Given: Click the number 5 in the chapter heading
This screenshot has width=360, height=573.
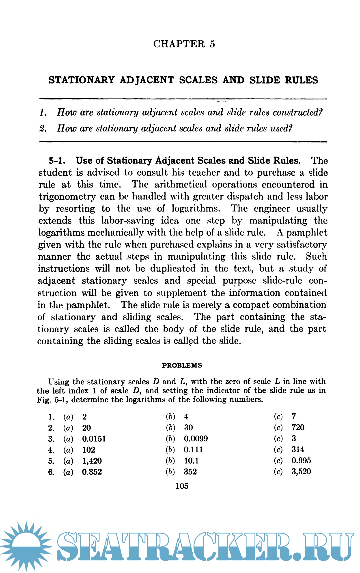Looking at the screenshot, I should click(x=212, y=44).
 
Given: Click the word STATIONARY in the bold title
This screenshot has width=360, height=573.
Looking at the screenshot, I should click(x=81, y=80).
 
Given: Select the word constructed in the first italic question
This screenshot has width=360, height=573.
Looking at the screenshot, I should click(x=297, y=112).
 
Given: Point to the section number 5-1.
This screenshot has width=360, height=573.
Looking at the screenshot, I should click(x=57, y=161).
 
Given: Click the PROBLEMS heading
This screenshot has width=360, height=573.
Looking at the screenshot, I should click(x=182, y=365).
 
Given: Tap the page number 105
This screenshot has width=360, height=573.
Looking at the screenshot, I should click(x=182, y=486).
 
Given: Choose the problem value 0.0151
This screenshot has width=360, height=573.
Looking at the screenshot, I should click(x=94, y=439).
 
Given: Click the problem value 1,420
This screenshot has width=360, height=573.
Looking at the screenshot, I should click(x=92, y=461).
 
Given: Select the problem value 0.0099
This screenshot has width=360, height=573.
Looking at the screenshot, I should click(x=196, y=439).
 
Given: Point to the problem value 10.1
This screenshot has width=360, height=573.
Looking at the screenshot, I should click(x=191, y=461).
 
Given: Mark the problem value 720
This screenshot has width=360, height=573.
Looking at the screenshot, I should click(x=298, y=427).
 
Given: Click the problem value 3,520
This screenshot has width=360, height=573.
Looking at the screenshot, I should click(x=301, y=472).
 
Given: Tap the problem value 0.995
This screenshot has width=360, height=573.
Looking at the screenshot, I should click(x=301, y=461).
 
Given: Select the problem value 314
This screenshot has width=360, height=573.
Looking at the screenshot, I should click(x=298, y=450).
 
